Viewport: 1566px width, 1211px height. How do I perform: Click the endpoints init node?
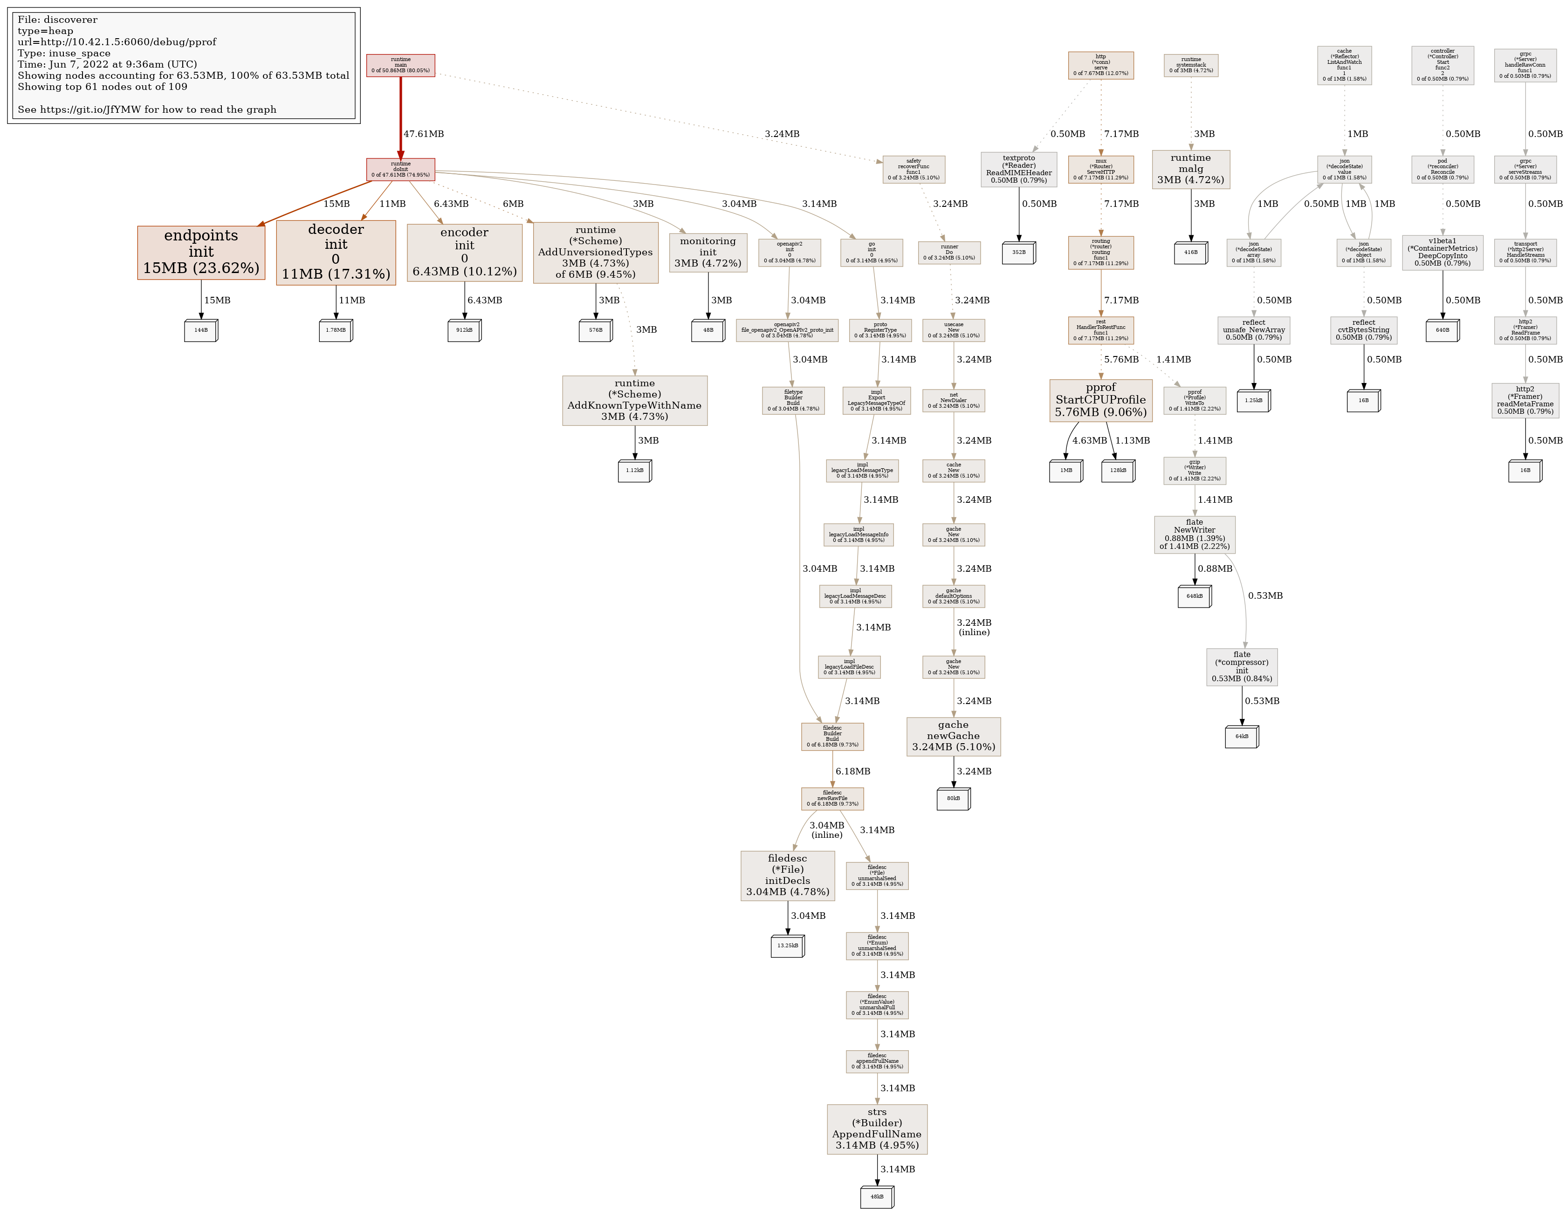click(201, 253)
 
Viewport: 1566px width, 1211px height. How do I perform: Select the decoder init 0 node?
click(336, 253)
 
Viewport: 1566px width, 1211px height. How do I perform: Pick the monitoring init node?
click(707, 253)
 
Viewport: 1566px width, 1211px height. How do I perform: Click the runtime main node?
click(400, 65)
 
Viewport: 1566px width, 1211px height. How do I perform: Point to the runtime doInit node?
click(400, 169)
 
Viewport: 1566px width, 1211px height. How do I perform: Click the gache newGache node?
click(953, 736)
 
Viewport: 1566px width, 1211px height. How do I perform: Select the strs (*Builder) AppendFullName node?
click(876, 1129)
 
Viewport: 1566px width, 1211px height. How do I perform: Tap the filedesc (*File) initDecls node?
click(787, 876)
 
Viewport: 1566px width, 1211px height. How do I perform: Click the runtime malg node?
click(1190, 169)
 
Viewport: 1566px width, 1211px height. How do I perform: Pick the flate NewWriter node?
click(1194, 534)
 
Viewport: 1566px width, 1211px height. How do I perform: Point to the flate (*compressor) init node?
click(1241, 667)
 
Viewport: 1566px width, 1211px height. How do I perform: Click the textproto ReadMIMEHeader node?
click(1018, 169)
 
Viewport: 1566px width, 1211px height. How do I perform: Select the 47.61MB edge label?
click(423, 134)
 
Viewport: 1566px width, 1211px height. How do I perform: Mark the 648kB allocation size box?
click(1194, 596)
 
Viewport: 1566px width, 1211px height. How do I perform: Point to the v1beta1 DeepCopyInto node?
click(1442, 253)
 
